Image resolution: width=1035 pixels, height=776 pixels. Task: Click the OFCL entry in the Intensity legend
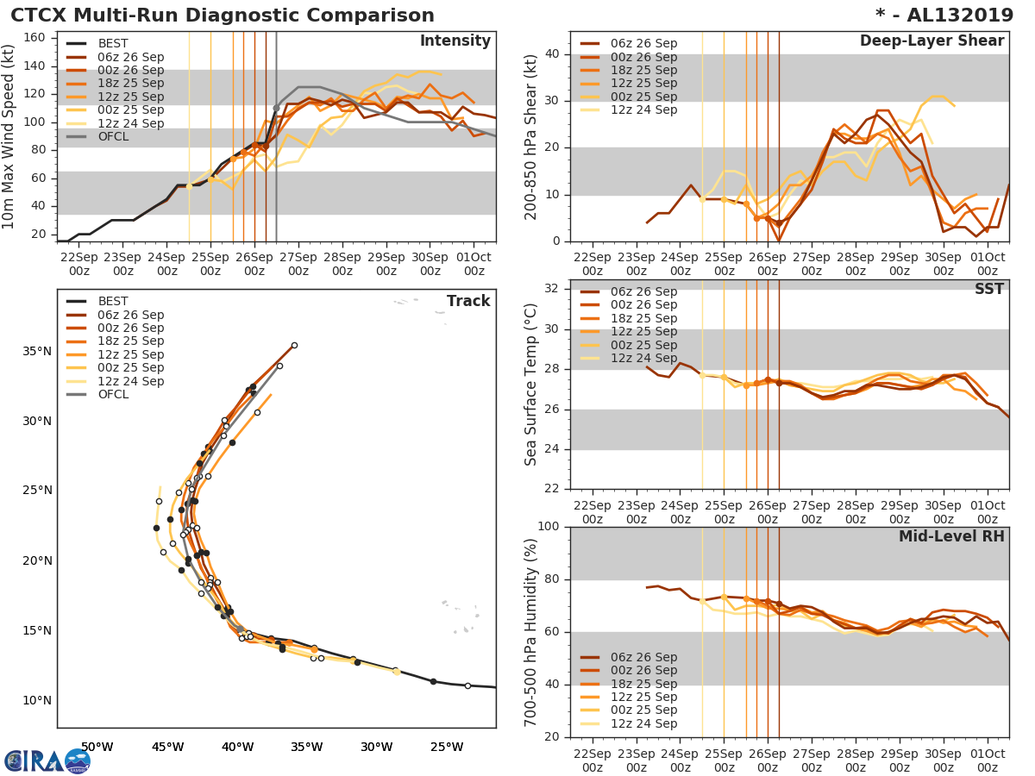click(x=112, y=137)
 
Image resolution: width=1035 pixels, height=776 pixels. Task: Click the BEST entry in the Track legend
click(x=112, y=301)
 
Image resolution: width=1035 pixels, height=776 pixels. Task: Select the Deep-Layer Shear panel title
click(x=931, y=41)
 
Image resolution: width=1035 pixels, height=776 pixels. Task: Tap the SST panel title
click(x=989, y=289)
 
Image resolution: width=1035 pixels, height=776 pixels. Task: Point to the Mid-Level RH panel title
click(x=951, y=536)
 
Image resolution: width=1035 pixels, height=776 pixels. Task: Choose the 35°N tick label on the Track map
click(x=38, y=351)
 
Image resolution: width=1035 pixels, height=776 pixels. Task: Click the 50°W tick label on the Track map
click(x=97, y=747)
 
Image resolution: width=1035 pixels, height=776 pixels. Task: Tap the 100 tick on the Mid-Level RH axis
click(x=547, y=527)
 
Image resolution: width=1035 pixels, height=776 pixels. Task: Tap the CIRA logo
click(x=47, y=760)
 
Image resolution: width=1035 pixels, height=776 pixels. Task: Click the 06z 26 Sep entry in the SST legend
click(x=643, y=291)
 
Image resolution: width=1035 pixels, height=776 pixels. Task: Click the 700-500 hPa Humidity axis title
click(x=531, y=632)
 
